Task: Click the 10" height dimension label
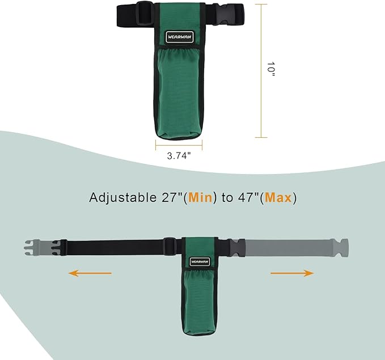270,69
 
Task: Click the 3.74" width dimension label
179,156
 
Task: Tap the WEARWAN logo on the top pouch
179,37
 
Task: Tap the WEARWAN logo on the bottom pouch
200,262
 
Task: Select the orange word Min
201,197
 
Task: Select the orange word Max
278,197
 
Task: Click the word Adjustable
123,198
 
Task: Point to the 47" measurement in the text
248,197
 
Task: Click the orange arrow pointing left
90,273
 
